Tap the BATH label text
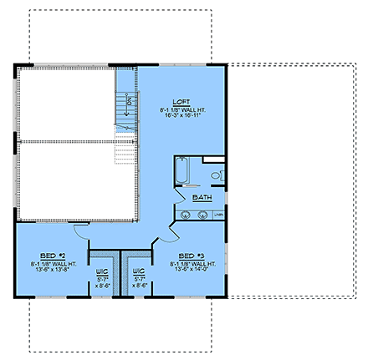202,197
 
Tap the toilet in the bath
215,175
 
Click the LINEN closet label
220,215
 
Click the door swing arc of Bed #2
81,229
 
